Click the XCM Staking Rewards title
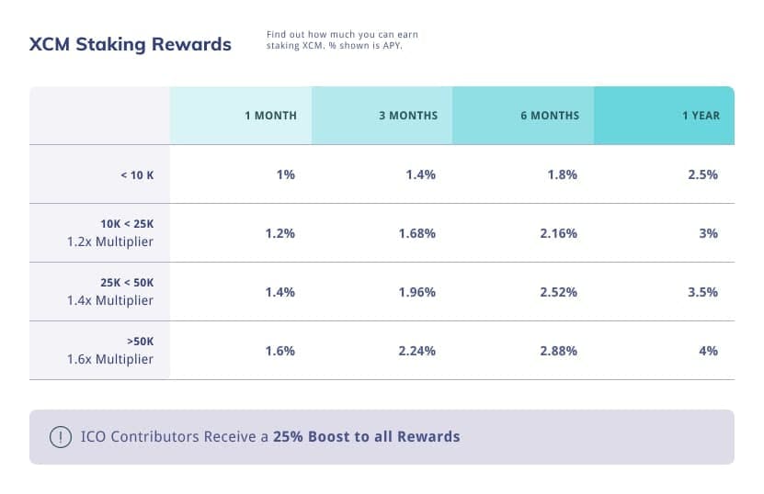(131, 44)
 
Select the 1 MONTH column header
(270, 116)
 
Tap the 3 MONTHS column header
(408, 116)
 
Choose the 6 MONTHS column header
(550, 116)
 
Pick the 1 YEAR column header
(701, 116)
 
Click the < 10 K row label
(137, 174)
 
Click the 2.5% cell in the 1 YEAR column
(702, 174)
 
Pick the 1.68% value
(417, 233)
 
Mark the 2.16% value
(559, 233)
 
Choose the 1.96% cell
(417, 292)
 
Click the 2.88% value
(559, 351)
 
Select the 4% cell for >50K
(708, 351)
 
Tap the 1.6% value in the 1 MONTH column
(279, 351)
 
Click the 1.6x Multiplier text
(109, 359)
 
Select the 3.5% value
(702, 292)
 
